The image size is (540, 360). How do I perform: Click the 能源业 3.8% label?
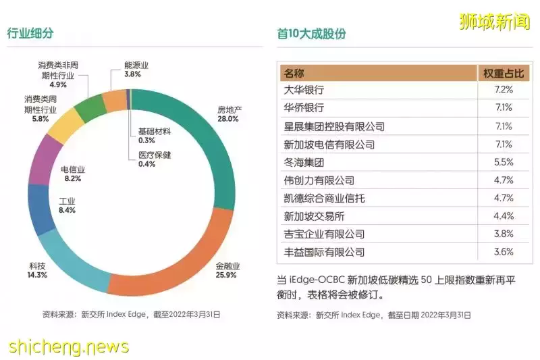(x=136, y=70)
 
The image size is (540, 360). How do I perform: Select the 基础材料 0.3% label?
(x=155, y=135)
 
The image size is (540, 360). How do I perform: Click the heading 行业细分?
(x=30, y=32)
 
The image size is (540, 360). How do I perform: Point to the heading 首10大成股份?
(x=311, y=33)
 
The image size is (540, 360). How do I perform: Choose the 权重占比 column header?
(x=503, y=72)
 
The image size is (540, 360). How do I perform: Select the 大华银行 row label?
(x=304, y=90)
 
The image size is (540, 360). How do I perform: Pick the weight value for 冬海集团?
(x=503, y=162)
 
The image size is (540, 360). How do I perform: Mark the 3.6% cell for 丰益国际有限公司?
(x=503, y=252)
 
